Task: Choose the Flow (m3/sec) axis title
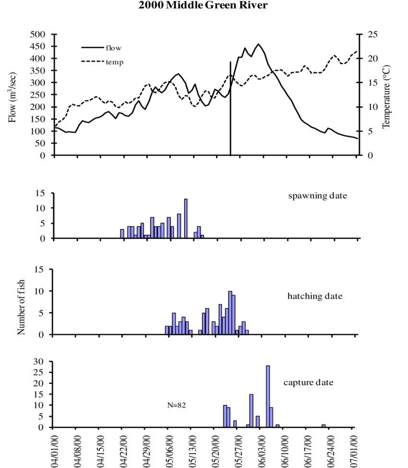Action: (x=13, y=95)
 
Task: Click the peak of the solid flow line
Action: (x=258, y=44)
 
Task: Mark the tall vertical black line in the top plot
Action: (x=231, y=110)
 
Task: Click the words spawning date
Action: (x=317, y=196)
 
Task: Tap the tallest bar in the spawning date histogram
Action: (x=186, y=219)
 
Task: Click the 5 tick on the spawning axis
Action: (x=43, y=223)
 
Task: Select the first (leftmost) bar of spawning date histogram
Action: (x=122, y=234)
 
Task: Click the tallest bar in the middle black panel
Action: (x=230, y=312)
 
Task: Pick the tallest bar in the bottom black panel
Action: (x=268, y=396)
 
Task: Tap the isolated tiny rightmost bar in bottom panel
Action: (x=324, y=425)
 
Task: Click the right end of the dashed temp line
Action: (x=357, y=51)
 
